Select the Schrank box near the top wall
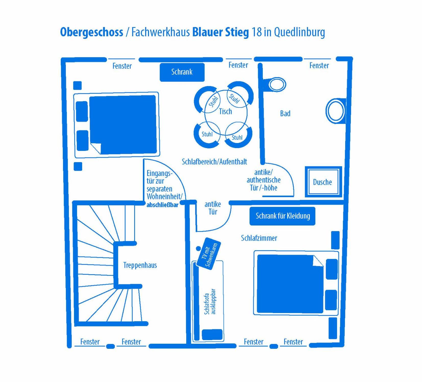(x=182, y=72)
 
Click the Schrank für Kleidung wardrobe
(x=282, y=216)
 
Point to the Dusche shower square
(x=323, y=182)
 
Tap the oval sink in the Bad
(x=336, y=111)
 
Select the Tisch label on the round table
(x=226, y=111)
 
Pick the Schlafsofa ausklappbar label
(x=210, y=302)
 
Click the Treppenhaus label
(x=140, y=265)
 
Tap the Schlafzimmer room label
(x=259, y=238)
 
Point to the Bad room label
(x=285, y=113)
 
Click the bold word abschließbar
(x=163, y=205)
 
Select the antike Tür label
(x=213, y=208)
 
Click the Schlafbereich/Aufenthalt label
(x=214, y=162)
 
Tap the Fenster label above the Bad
(x=319, y=66)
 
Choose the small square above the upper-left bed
(x=77, y=86)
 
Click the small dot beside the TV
(x=198, y=248)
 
